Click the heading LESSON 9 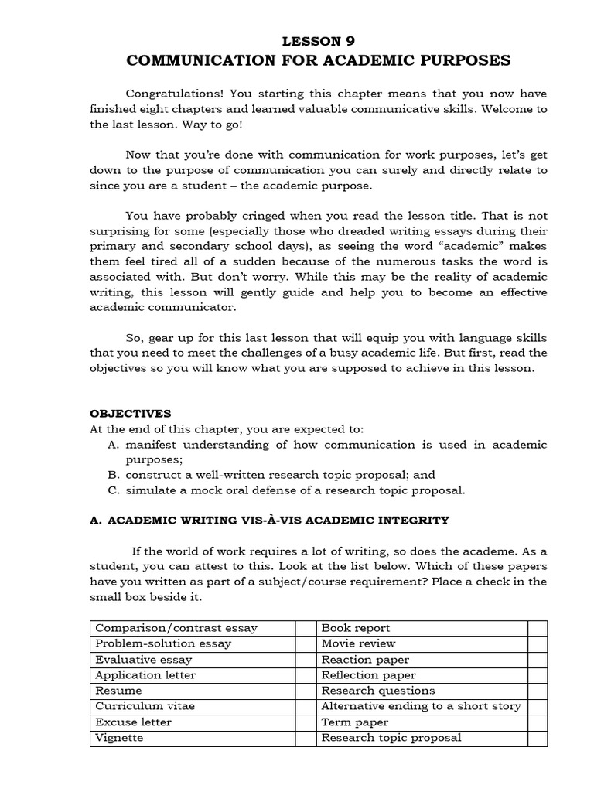pos(318,41)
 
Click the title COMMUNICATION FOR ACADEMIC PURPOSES pos(318,60)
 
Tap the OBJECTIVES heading pos(131,414)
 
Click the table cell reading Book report pos(355,628)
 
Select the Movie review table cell pos(358,643)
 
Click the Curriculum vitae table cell pos(145,706)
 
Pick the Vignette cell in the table pos(119,738)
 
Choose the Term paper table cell pos(355,722)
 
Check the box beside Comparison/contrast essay pos(306,628)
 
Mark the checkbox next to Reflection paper pos(537,675)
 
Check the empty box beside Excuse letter pos(306,722)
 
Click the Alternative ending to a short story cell pos(421,706)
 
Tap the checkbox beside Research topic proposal pos(537,738)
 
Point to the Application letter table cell pos(145,675)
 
